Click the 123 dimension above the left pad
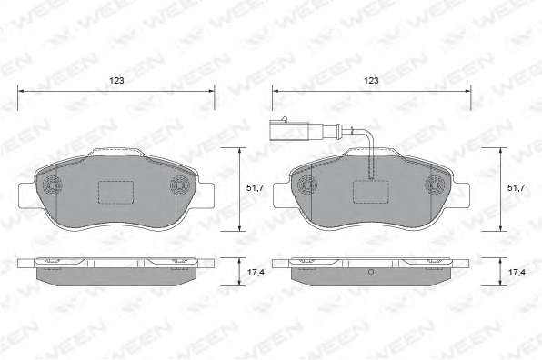(116, 81)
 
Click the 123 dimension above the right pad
(371, 81)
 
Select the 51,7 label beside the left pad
(256, 188)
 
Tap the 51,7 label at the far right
(516, 188)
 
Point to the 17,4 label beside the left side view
(256, 272)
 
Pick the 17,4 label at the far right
(517, 272)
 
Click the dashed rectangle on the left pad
(116, 193)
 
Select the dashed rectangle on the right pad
(371, 192)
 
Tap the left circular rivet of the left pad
(52, 185)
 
